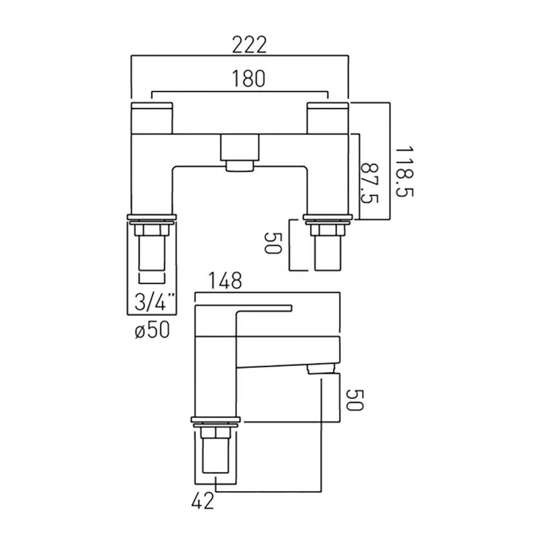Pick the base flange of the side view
point(215,420)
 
